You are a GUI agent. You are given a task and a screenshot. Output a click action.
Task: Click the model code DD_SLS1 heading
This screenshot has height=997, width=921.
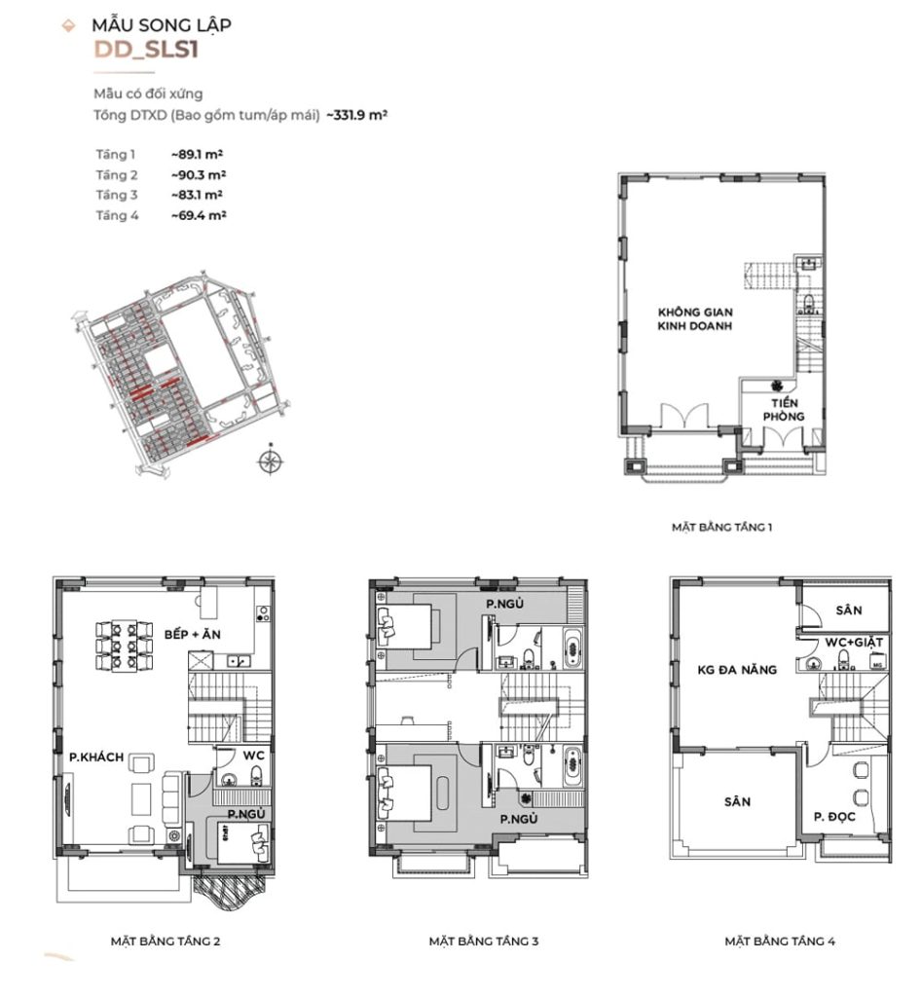(x=146, y=52)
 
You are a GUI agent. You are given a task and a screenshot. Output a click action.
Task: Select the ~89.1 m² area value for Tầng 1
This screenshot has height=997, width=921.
(x=198, y=155)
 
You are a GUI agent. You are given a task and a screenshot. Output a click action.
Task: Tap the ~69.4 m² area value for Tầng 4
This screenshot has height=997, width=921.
(x=198, y=215)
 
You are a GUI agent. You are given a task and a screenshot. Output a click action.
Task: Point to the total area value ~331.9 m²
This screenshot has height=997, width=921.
(x=357, y=115)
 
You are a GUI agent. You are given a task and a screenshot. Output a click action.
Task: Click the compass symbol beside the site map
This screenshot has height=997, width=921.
(x=271, y=462)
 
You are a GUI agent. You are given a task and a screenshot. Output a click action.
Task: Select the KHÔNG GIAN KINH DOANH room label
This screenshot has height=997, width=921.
(x=694, y=319)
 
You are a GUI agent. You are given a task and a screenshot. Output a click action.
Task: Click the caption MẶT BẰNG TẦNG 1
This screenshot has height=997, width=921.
(x=720, y=528)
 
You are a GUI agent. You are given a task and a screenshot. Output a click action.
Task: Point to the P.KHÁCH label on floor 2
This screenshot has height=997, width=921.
(x=95, y=759)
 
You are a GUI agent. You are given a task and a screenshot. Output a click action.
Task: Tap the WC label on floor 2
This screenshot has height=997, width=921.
(x=253, y=755)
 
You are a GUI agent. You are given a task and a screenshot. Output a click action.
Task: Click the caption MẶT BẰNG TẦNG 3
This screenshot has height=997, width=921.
(x=484, y=942)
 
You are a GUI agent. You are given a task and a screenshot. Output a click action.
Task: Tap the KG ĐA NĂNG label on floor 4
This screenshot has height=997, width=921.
(x=736, y=670)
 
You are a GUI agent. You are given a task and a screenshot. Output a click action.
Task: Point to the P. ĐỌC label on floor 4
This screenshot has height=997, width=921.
(x=834, y=817)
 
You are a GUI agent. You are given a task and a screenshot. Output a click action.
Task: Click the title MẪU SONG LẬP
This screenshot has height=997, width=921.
(x=162, y=24)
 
